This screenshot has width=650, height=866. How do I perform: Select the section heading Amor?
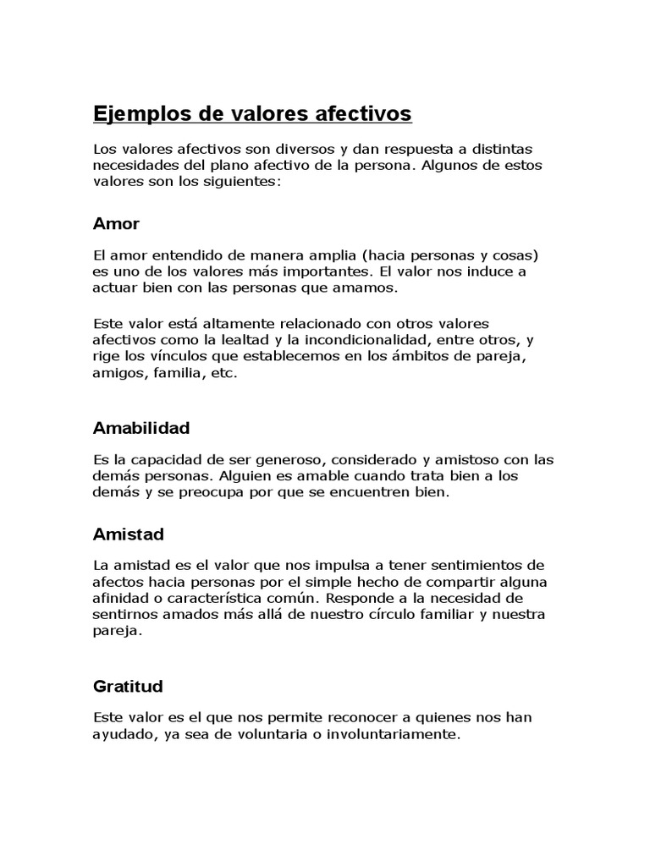pyautogui.click(x=116, y=224)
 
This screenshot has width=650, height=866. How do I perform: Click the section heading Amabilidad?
pyautogui.click(x=140, y=428)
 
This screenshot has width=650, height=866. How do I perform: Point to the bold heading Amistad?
pyautogui.click(x=128, y=534)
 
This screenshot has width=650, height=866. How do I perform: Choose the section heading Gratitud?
pyautogui.click(x=128, y=686)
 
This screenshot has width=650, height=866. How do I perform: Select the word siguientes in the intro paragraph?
pyautogui.click(x=239, y=181)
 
